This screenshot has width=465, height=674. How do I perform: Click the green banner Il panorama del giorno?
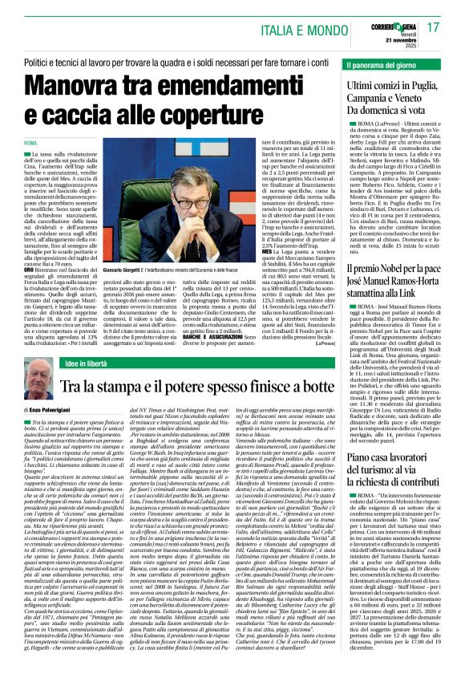tap(387, 63)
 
